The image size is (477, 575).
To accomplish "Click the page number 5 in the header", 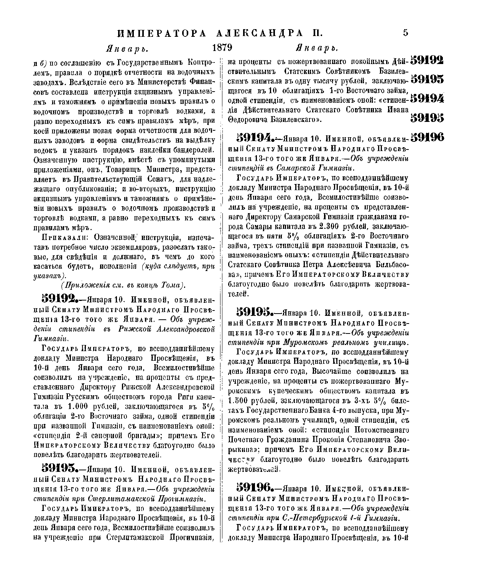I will (405, 32).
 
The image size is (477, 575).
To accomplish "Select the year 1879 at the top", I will (222, 48).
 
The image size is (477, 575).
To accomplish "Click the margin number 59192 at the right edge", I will (427, 60).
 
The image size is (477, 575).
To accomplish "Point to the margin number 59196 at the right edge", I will (427, 137).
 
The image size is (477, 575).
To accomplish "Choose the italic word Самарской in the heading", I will (299, 168).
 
